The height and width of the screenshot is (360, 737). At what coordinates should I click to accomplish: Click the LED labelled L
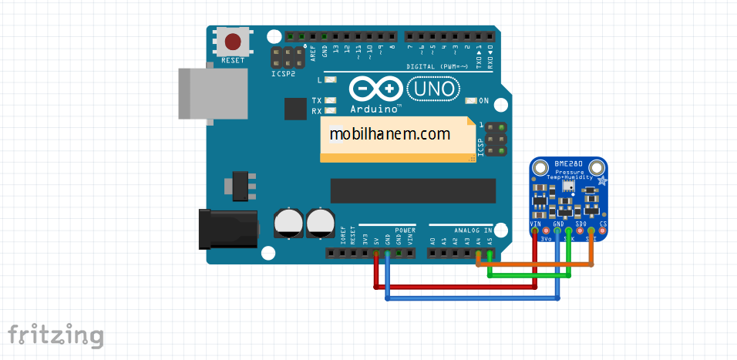[331, 80]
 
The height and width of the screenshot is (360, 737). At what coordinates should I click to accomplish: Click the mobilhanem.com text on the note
[389, 134]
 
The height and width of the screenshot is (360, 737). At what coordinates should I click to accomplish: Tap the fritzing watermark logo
[56, 335]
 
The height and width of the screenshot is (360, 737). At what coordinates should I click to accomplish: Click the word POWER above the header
[405, 230]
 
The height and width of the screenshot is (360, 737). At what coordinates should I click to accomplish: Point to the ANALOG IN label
[472, 230]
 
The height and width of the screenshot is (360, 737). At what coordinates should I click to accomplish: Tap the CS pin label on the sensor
[603, 224]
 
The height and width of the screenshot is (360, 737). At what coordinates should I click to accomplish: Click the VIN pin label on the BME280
[535, 224]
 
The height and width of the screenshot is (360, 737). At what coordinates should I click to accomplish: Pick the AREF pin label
[313, 52]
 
